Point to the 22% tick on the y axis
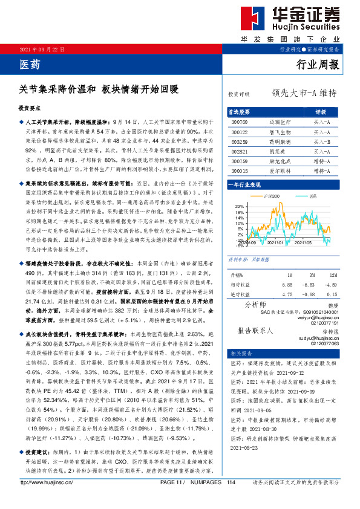tap(239, 207)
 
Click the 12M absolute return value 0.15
tap(330, 294)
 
